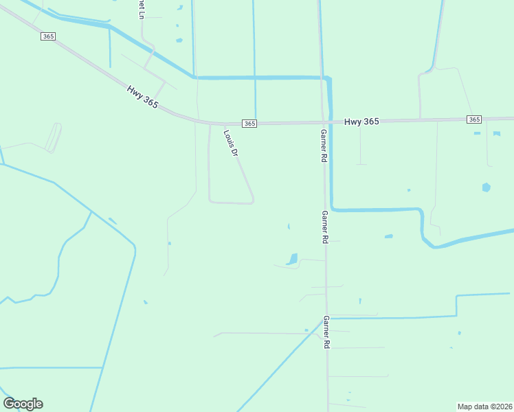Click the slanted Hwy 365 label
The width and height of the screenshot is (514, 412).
(142, 95)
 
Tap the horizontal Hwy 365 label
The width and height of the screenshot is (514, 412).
(361, 122)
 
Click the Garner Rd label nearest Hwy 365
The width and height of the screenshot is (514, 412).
(324, 145)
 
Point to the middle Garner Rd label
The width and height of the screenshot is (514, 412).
(325, 227)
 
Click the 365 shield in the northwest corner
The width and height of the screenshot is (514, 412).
(47, 36)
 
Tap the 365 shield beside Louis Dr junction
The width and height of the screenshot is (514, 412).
(249, 124)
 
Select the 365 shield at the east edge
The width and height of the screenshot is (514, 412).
(474, 119)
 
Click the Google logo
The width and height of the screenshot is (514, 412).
(23, 404)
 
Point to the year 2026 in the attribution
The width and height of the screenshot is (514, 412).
(502, 406)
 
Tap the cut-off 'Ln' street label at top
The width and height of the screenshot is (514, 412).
(141, 10)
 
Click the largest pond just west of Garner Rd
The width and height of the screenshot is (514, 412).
(292, 259)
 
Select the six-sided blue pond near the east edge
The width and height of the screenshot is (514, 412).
(487, 187)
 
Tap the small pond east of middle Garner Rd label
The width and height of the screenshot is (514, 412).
(389, 236)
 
